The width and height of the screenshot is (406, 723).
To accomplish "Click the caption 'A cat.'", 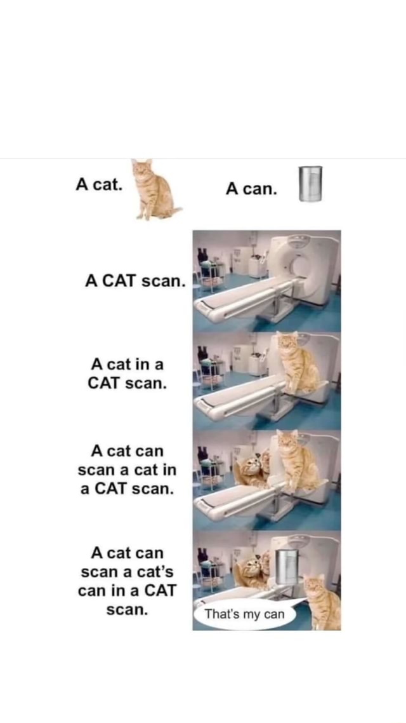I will (99, 184).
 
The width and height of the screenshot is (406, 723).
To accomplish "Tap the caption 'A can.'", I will (251, 189).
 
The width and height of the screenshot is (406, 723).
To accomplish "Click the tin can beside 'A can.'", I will (311, 184).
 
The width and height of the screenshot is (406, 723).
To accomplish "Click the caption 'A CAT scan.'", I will (135, 280).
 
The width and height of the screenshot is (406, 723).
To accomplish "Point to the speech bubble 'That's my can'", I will (245, 614).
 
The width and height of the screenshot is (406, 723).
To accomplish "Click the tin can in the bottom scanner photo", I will (286, 565).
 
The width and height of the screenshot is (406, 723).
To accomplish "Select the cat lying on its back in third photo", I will (251, 471).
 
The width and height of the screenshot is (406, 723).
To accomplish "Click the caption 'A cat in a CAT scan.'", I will (127, 374).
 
